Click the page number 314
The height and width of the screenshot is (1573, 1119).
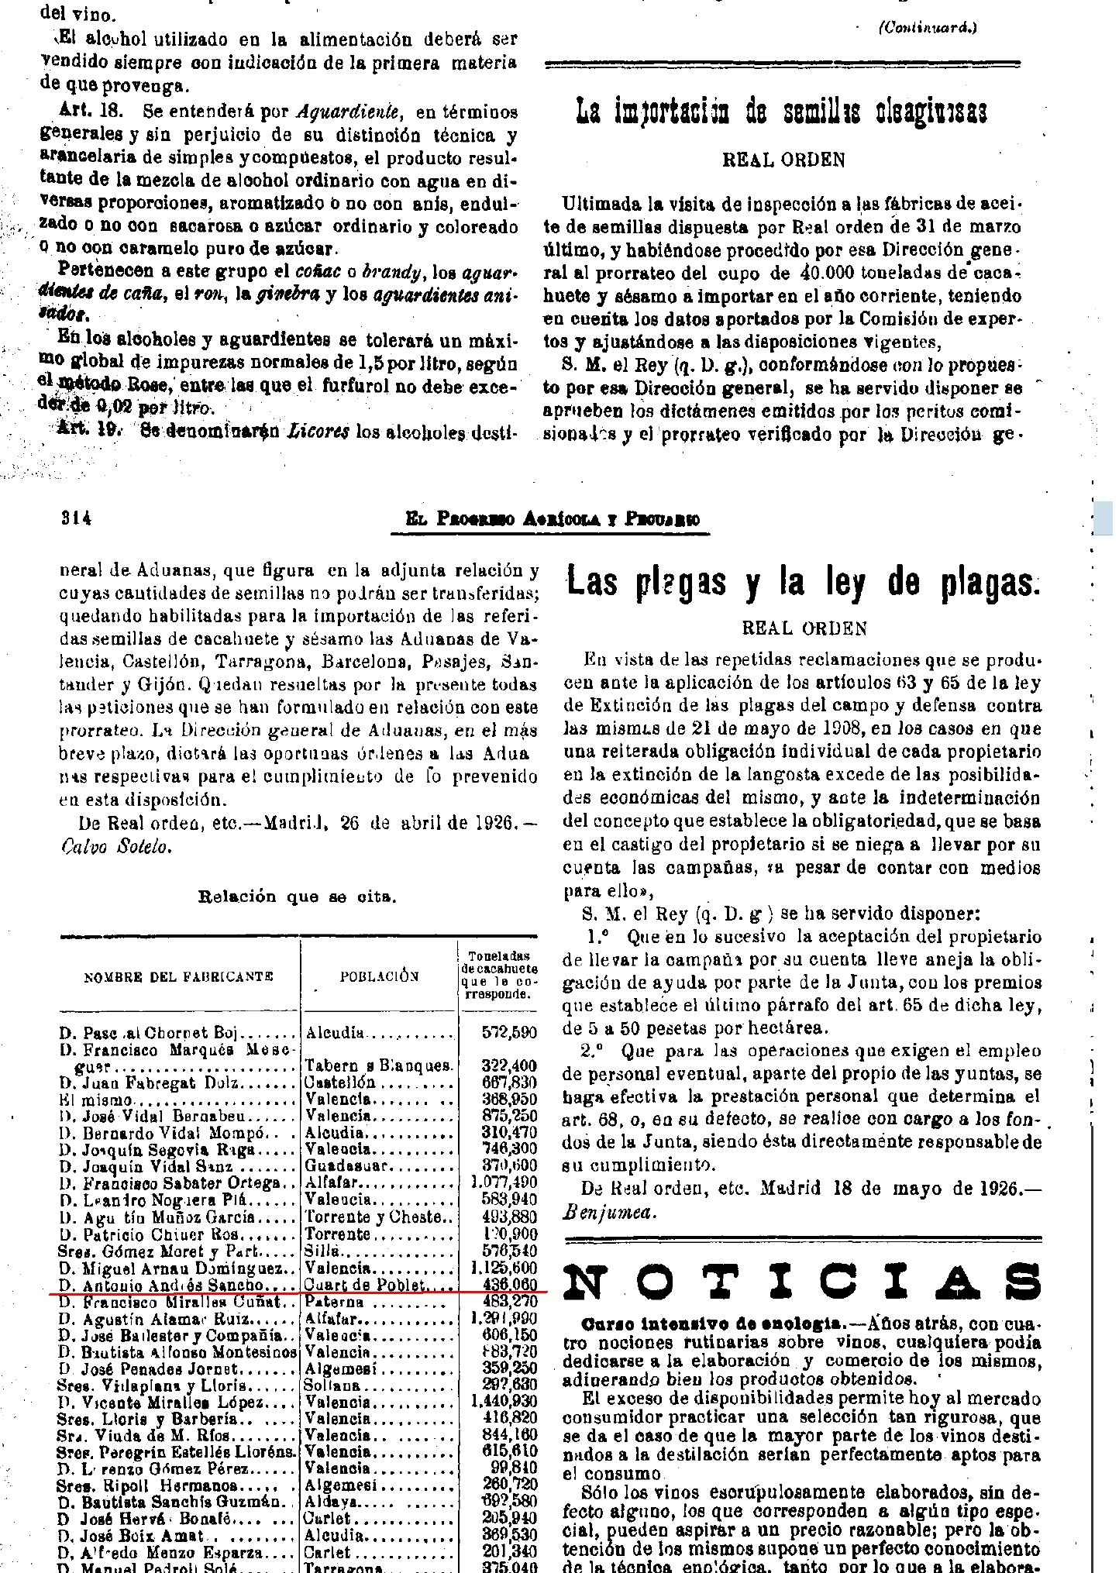(x=77, y=519)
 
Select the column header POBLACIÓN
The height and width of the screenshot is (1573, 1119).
(x=380, y=976)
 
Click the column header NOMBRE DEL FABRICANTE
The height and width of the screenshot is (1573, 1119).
(x=178, y=976)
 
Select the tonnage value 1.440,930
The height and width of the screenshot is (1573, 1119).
(x=504, y=1402)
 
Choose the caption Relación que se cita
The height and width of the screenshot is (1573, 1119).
(x=298, y=897)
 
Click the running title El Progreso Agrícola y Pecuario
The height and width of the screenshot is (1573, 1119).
(x=553, y=520)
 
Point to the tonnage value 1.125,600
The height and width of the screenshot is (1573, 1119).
(x=504, y=1268)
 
